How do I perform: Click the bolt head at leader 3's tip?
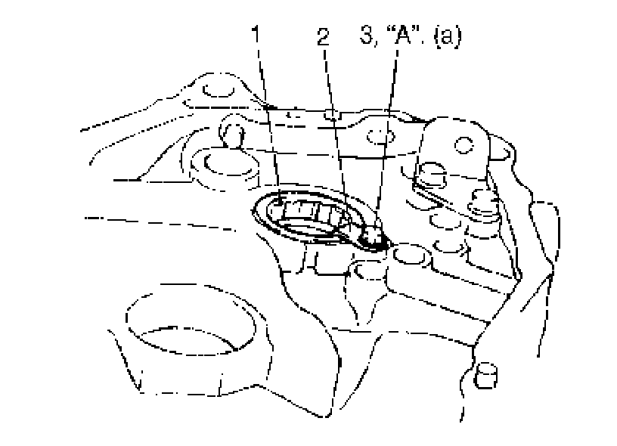pyautogui.click(x=374, y=240)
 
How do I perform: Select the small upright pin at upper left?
pyautogui.click(x=232, y=135)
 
